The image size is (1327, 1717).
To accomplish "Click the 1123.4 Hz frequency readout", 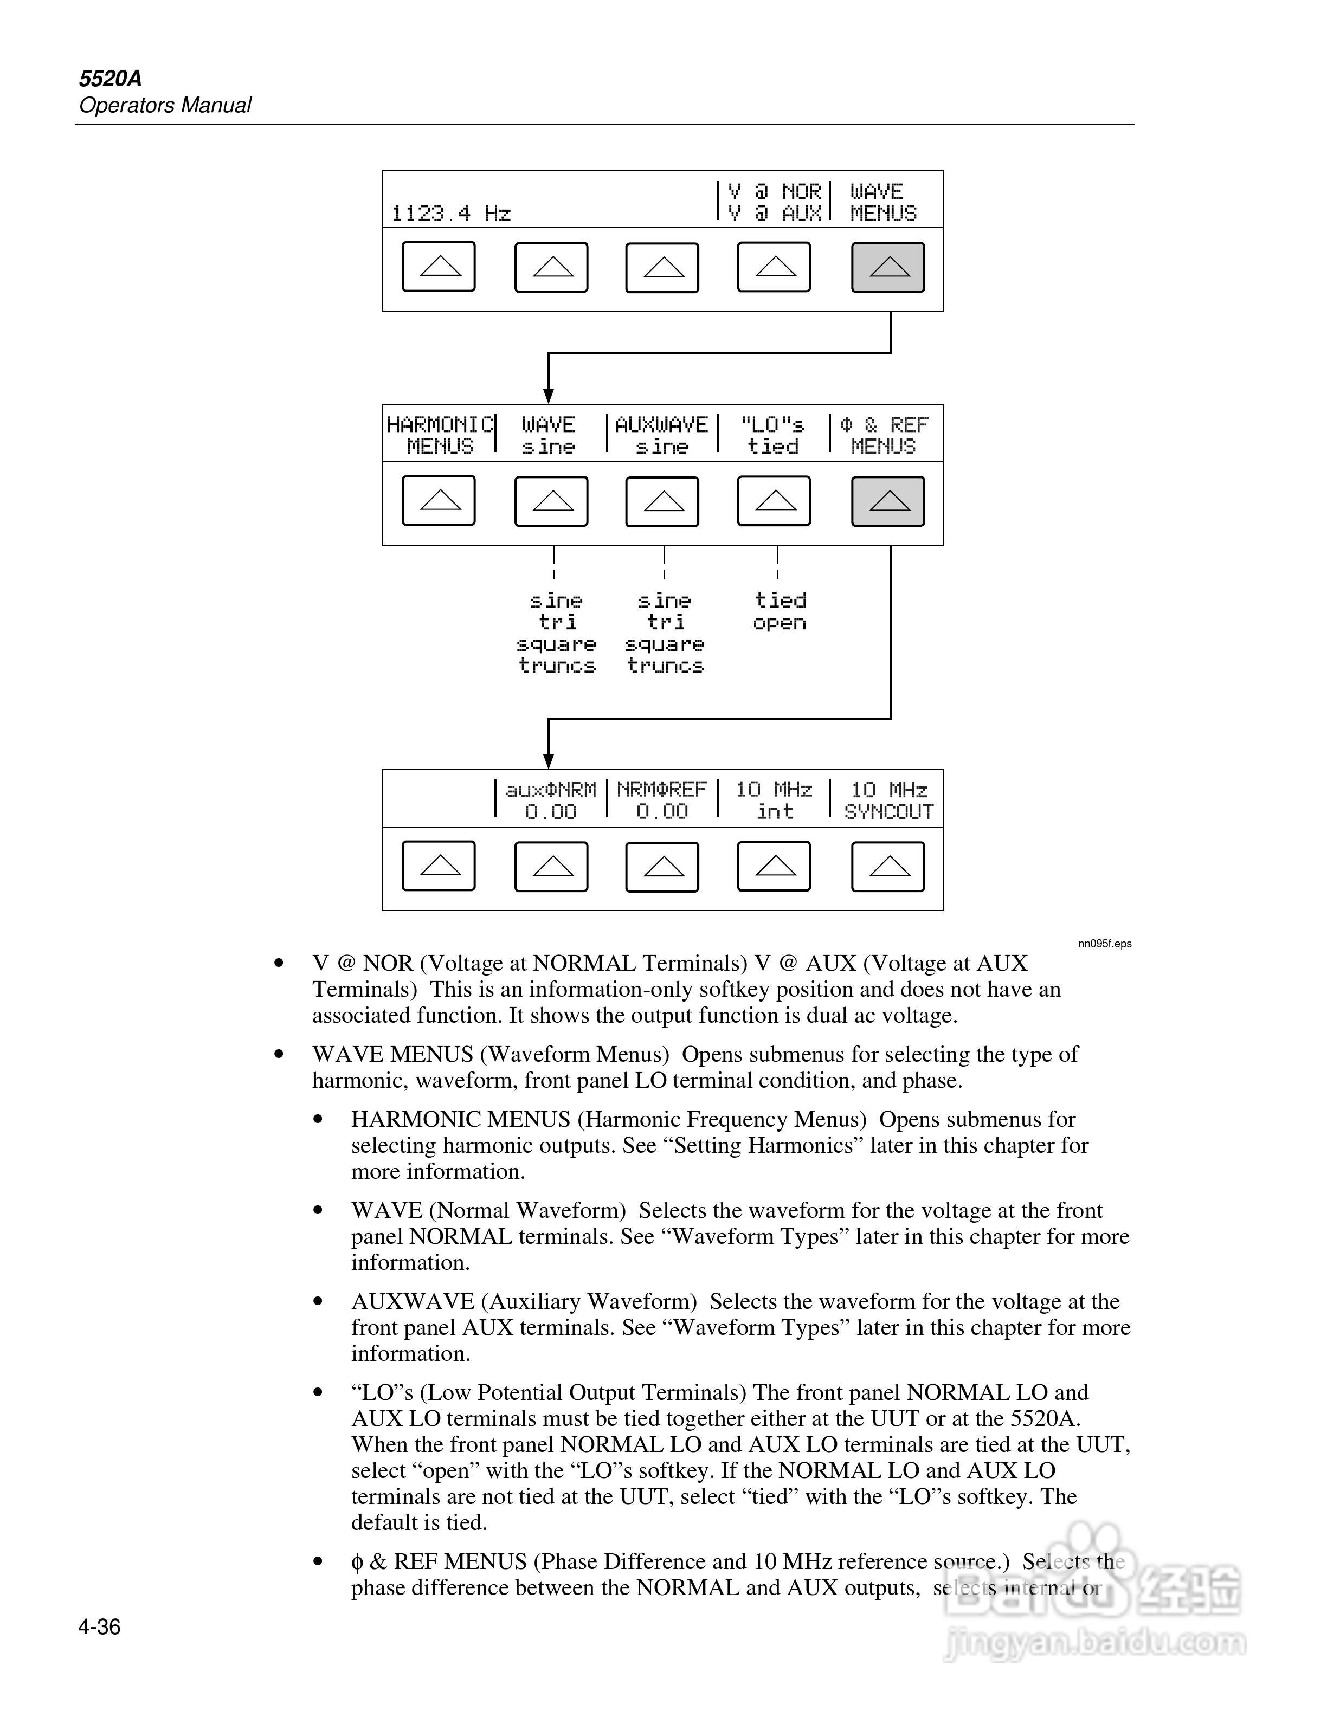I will [x=450, y=214].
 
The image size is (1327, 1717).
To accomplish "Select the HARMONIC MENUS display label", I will [x=440, y=436].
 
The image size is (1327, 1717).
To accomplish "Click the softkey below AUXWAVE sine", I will [x=662, y=501].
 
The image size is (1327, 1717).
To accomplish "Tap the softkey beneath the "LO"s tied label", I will [x=774, y=501].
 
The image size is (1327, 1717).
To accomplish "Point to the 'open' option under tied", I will [x=779, y=623].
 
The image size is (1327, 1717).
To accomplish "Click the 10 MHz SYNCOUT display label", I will [x=888, y=801].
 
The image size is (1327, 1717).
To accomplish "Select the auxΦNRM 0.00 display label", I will [x=550, y=801].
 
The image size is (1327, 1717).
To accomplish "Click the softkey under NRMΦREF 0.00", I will [x=662, y=867].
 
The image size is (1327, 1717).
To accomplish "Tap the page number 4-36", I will [x=99, y=1626].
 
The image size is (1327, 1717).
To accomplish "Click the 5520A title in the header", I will [x=110, y=79].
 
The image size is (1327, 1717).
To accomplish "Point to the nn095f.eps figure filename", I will [x=1105, y=944].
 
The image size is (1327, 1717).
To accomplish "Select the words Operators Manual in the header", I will [x=165, y=105].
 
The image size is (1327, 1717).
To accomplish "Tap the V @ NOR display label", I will [x=774, y=192].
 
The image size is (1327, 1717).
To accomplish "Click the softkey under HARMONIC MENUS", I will [x=439, y=501].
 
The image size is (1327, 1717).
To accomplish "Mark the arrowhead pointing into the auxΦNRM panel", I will [x=549, y=760].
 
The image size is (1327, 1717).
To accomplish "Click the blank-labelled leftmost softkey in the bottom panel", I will [x=439, y=866].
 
